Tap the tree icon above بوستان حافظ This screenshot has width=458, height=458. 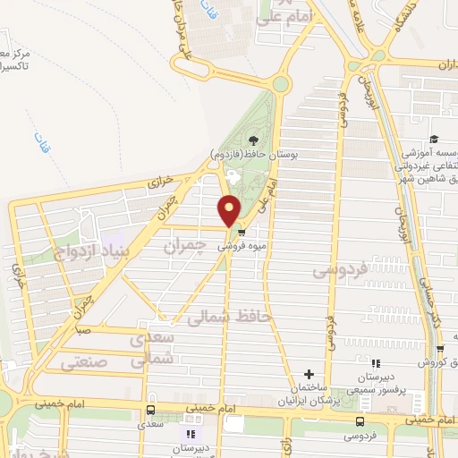[254, 140]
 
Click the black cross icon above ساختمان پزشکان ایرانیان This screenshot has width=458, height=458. [309, 374]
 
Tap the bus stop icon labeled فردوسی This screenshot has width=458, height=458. [360, 422]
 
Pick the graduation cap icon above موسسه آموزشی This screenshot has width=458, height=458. [434, 140]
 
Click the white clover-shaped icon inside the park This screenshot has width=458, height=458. [233, 172]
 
